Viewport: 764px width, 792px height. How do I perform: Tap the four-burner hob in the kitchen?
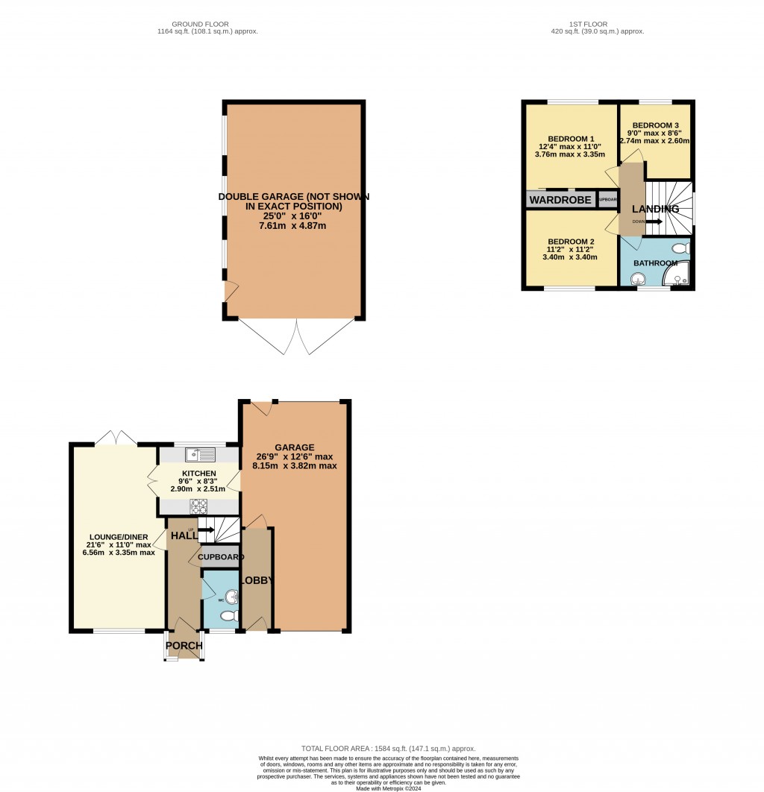200,506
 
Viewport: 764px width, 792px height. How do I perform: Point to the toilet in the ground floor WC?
231,616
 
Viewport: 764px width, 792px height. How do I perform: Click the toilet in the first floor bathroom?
679,249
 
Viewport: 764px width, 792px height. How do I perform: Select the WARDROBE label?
561,200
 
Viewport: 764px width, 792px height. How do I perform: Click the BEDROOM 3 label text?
655,125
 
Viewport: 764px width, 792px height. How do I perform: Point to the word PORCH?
184,646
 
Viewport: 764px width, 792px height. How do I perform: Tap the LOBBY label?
256,580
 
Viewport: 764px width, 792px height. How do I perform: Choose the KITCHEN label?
198,474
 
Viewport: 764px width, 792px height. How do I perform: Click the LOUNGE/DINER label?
118,536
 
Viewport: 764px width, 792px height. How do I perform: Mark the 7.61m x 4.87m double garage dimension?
293,225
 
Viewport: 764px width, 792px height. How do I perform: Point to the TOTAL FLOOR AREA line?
388,748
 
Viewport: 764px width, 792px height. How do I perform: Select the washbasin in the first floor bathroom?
638,279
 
